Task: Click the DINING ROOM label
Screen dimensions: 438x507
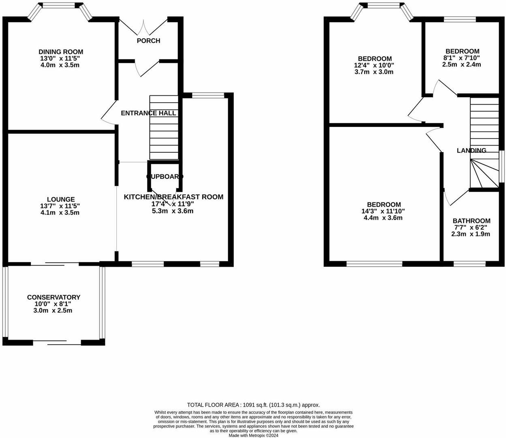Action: tap(61, 52)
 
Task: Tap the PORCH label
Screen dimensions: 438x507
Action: tap(148, 41)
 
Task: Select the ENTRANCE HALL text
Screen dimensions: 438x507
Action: tap(148, 113)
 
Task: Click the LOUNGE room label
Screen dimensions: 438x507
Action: tap(61, 199)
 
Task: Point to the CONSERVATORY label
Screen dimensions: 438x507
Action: tap(53, 297)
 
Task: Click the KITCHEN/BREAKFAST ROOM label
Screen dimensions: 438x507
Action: tap(173, 197)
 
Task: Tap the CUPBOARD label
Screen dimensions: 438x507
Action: tap(165, 176)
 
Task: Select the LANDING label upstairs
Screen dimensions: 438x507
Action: tap(471, 150)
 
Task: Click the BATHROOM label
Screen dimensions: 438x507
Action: tap(471, 221)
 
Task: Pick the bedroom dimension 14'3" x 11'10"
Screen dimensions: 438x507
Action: tap(384, 211)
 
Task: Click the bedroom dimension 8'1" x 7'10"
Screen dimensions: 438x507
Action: tap(462, 58)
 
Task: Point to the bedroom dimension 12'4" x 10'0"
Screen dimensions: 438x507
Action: tap(374, 65)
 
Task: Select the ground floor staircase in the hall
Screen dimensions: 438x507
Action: tap(164, 128)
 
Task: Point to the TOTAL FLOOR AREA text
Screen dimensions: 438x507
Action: tap(253, 405)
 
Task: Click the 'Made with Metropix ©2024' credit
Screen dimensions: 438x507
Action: tap(253, 435)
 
